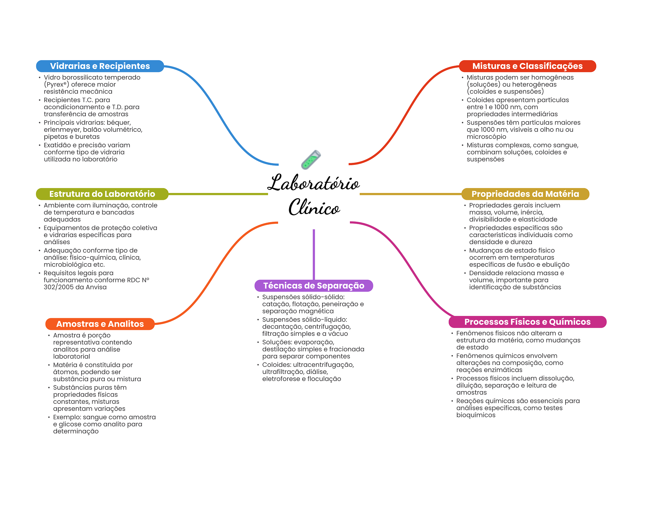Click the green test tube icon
(x=311, y=160)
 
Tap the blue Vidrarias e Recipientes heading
(x=100, y=66)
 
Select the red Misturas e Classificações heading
(x=527, y=66)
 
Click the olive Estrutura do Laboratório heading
(x=102, y=194)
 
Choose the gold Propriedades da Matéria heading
(x=525, y=194)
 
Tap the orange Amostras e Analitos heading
(x=100, y=324)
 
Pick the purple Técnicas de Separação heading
(x=314, y=286)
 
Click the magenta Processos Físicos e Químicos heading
(x=527, y=322)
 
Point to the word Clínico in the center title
(x=314, y=207)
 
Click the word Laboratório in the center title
(x=313, y=183)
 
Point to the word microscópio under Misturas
(x=486, y=137)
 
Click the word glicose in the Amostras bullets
(x=71, y=424)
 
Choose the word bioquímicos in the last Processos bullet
(x=476, y=415)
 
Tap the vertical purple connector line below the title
(x=314, y=254)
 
